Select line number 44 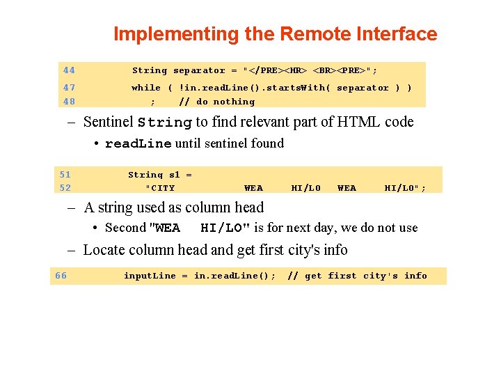coord(69,70)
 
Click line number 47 coord(69,88)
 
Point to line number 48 coord(69,101)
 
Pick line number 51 coord(65,175)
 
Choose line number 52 coord(65,188)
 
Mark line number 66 coord(61,276)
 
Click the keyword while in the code coord(146,88)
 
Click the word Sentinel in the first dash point coord(108,123)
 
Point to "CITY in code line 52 coord(160,188)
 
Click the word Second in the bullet coord(125,228)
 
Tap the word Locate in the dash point coord(104,250)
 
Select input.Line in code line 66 coord(150,276)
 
